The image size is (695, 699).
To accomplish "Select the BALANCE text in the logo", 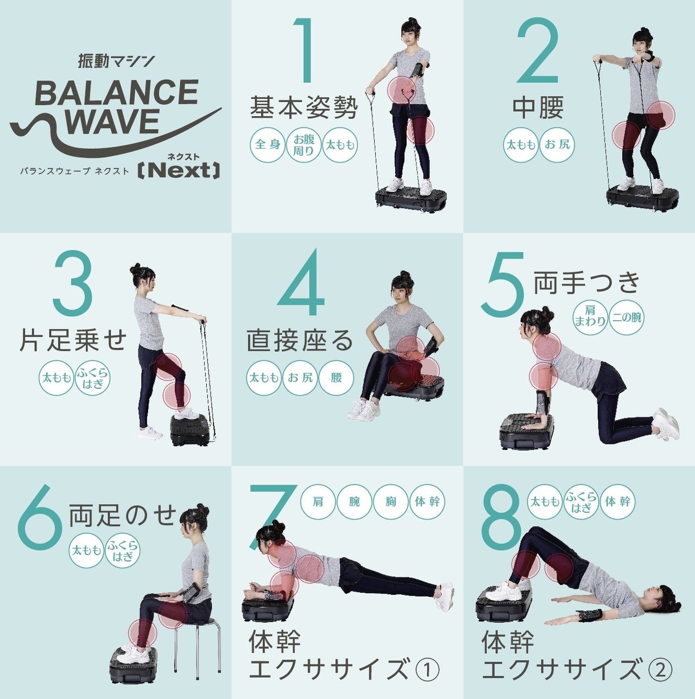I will tap(116, 93).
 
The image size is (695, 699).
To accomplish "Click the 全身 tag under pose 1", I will tap(268, 145).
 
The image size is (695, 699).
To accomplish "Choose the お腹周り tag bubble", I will tap(304, 145).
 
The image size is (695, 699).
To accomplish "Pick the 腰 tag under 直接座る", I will tap(336, 377).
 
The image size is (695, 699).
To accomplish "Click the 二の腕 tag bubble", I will tap(626, 317).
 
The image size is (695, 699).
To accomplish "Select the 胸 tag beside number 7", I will tap(391, 501).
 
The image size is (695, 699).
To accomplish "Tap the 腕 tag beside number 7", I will tap(355, 501).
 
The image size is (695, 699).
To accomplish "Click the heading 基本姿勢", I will tap(304, 107).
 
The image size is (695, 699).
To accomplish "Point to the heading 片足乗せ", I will tap(73, 340).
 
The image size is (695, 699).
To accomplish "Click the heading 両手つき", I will tap(586, 283).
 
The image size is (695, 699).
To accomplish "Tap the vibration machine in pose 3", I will tap(190, 430).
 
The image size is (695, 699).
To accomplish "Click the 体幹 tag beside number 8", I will tap(617, 501).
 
